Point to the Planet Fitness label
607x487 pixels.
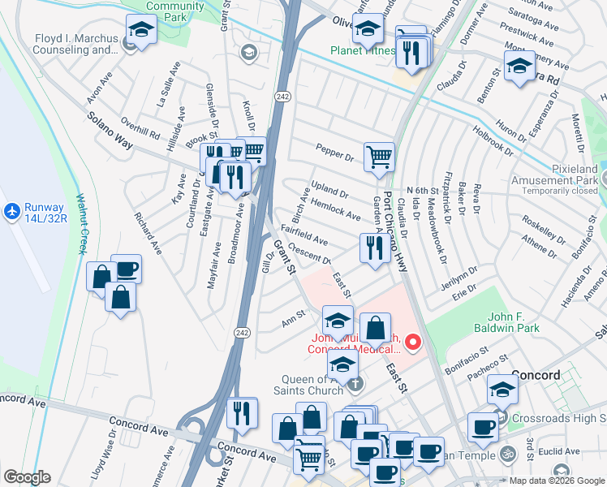(x=363, y=50)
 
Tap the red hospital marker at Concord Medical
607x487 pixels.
(x=413, y=343)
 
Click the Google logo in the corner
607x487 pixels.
(x=27, y=477)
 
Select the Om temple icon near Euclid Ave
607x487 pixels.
(x=509, y=452)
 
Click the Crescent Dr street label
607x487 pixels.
(x=309, y=256)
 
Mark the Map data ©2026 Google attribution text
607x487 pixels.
(x=555, y=481)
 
